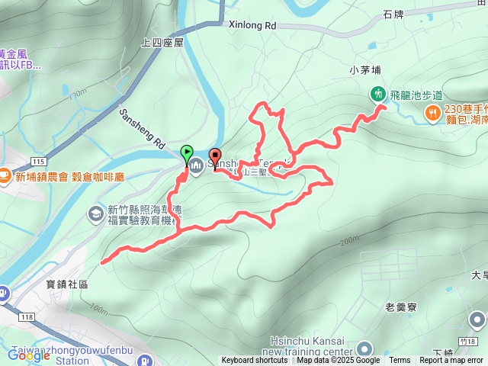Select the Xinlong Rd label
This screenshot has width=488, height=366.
(x=252, y=25)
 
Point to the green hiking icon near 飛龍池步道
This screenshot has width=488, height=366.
(x=377, y=95)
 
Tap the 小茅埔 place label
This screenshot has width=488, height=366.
(x=364, y=70)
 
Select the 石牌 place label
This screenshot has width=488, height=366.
(x=394, y=14)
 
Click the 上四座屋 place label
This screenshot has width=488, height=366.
(x=163, y=43)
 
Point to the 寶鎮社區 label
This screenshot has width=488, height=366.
(x=68, y=284)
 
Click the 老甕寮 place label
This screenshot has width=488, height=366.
(x=400, y=307)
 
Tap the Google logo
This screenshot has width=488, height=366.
(x=30, y=355)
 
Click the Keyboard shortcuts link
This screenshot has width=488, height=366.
(x=255, y=361)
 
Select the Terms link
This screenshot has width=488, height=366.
(x=400, y=361)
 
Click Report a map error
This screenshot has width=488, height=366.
(x=452, y=361)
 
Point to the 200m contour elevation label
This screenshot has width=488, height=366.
(x=349, y=241)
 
